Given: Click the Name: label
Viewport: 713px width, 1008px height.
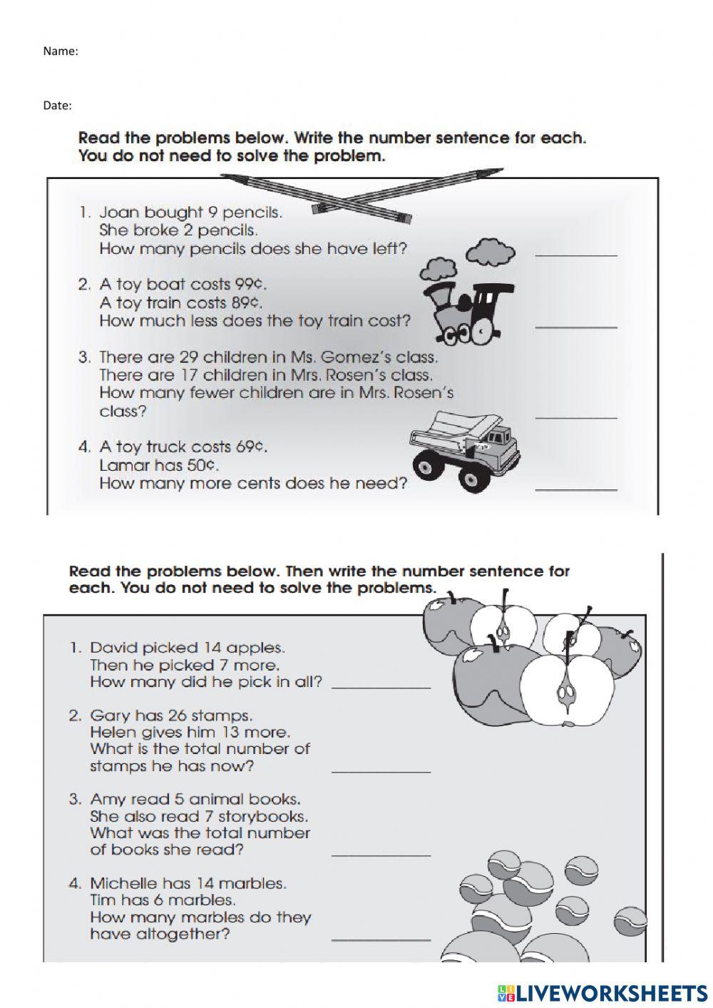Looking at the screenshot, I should (61, 51).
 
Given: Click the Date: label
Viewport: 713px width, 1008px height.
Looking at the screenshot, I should (58, 106).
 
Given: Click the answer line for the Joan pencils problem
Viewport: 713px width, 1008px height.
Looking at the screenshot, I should (575, 254).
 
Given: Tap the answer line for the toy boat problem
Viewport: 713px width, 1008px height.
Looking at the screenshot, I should (575, 326).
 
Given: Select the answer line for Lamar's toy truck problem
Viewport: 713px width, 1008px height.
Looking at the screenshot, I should (575, 489).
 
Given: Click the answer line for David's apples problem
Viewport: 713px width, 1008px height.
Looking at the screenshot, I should (381, 686).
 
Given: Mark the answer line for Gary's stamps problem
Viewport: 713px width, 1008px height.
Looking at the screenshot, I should (381, 771).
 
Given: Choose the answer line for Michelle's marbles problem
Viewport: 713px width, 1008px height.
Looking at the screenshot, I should (381, 939).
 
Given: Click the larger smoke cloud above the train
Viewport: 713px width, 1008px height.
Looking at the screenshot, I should (491, 250).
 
